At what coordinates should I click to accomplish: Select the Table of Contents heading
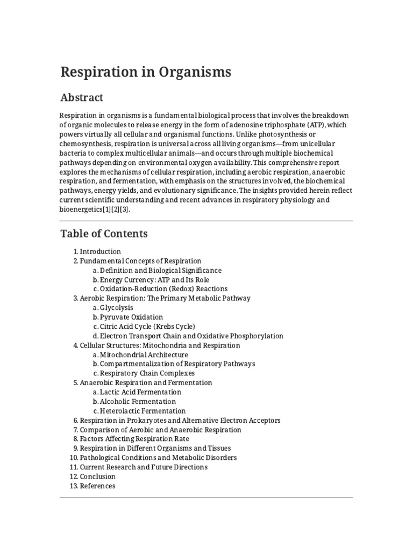[104, 234]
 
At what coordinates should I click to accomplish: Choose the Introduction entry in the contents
[100, 251]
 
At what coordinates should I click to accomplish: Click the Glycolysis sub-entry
[117, 308]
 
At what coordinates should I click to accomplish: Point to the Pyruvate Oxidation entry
[131, 317]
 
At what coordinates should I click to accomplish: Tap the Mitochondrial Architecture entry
[144, 354]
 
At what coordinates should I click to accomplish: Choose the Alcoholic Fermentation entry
[138, 401]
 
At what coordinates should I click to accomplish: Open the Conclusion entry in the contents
[97, 476]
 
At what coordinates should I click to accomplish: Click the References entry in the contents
[97, 486]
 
